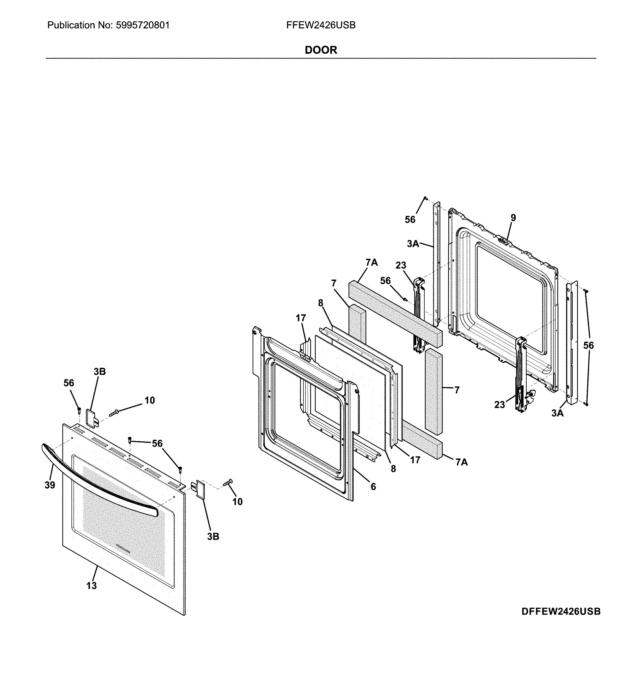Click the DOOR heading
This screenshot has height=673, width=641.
(321, 50)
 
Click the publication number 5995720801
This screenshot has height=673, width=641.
(143, 25)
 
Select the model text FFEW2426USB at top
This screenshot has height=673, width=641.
(321, 25)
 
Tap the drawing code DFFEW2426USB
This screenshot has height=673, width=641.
(560, 611)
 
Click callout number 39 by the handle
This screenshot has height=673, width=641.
(50, 485)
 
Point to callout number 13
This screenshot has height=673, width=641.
(91, 586)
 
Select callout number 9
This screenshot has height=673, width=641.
(513, 218)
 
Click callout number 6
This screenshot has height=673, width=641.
(373, 487)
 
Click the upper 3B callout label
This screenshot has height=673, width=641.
(100, 371)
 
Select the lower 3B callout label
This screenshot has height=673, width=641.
(213, 537)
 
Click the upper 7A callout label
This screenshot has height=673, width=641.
(371, 262)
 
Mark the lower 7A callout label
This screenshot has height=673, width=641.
(461, 462)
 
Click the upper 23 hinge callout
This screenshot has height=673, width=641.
(401, 265)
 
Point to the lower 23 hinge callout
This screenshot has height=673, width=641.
(499, 405)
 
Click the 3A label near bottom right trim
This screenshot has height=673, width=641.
(557, 413)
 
